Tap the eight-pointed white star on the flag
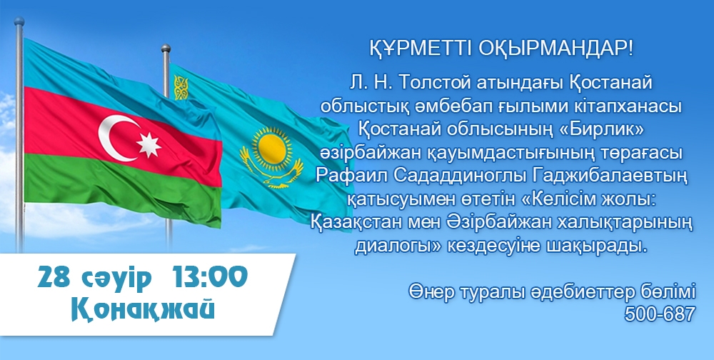click(x=149, y=146)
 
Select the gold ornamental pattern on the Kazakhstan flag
click(x=181, y=88)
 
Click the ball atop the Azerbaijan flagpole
click(x=19, y=21)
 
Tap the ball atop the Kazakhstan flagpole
click(x=166, y=49)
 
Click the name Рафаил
click(x=349, y=176)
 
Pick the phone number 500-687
click(x=660, y=314)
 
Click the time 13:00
click(x=210, y=278)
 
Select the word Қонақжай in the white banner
click(x=143, y=310)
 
